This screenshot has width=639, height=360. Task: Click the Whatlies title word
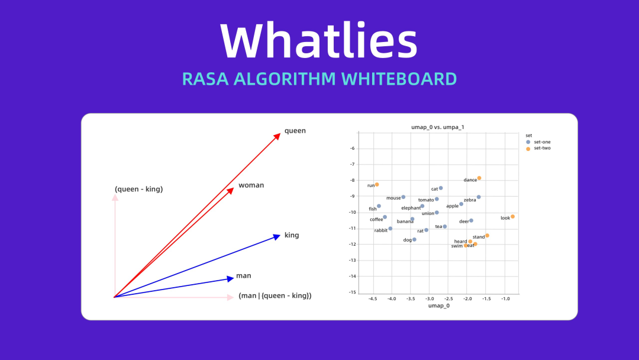319,40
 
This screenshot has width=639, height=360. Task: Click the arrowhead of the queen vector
277,136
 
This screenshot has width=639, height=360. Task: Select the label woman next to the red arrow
251,185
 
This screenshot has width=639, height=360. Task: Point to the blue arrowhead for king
277,236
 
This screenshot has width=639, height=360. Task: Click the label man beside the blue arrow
243,275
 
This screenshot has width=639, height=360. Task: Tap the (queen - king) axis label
138,189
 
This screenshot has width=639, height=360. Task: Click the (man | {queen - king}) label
275,295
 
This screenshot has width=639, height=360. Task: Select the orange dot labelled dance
479,178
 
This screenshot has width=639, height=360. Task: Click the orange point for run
377,185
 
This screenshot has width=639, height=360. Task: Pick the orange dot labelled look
512,217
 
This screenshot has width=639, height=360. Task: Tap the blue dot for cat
441,188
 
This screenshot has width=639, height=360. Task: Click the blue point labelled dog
414,240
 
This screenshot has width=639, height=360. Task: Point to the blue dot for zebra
479,197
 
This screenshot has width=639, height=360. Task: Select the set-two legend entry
538,149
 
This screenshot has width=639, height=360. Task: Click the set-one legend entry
538,142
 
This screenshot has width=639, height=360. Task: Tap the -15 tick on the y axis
352,292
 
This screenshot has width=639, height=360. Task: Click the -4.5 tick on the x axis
373,299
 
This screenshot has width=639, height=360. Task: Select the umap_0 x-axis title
439,306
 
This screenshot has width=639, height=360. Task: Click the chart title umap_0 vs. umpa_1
438,127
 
